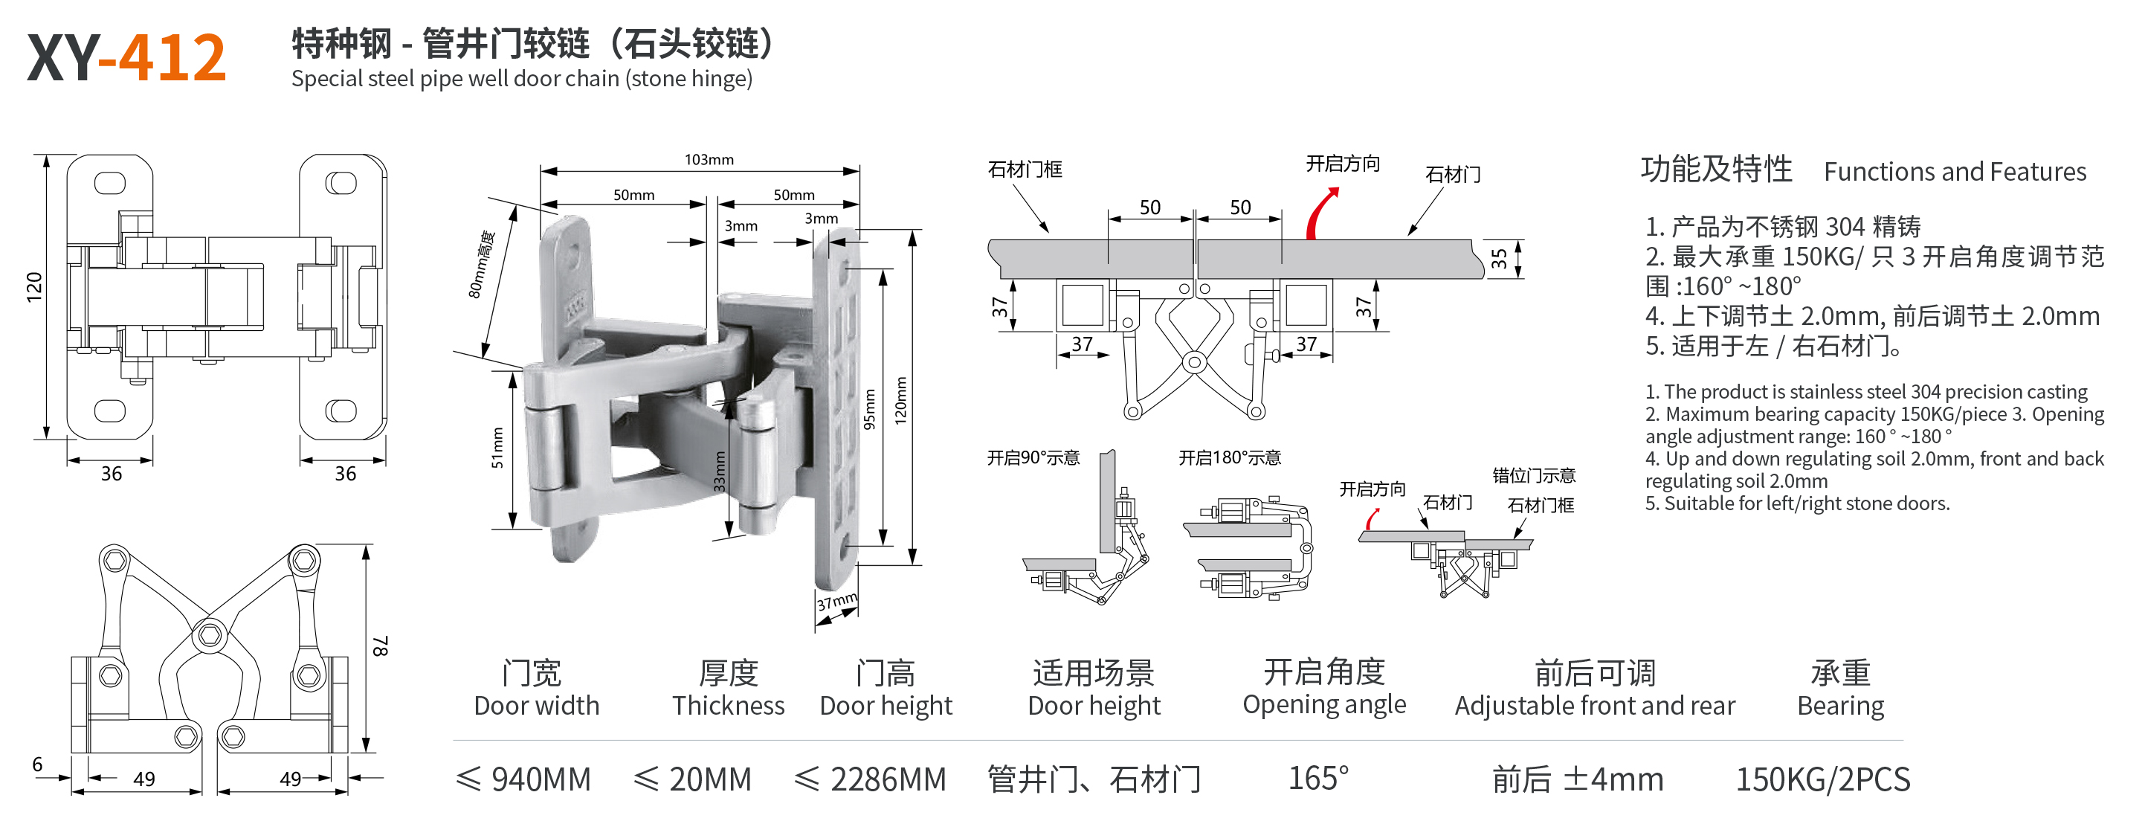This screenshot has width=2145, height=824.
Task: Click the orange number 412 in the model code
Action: (172, 57)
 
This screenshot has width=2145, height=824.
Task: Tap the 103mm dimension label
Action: (709, 159)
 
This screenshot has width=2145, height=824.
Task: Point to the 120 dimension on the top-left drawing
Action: (34, 286)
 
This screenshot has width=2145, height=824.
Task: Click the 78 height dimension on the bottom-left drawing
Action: (380, 646)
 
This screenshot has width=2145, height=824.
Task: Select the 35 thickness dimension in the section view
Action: (1499, 258)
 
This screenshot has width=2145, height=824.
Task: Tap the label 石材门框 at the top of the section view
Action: (1025, 169)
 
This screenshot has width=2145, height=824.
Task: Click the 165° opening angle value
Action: (1318, 778)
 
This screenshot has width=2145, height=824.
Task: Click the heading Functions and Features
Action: (1955, 172)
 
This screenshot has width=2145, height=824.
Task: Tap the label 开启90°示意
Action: (1033, 457)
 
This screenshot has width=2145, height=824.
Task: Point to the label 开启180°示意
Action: (1229, 457)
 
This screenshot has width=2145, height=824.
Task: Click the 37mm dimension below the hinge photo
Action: (836, 602)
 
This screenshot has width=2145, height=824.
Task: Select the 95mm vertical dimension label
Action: (869, 409)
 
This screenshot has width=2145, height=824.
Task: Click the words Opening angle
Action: (1324, 705)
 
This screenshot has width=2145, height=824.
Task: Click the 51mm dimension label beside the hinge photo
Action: (497, 448)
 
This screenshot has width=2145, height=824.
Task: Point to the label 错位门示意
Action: (1534, 476)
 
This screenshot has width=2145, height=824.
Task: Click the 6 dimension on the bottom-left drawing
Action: (36, 764)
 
